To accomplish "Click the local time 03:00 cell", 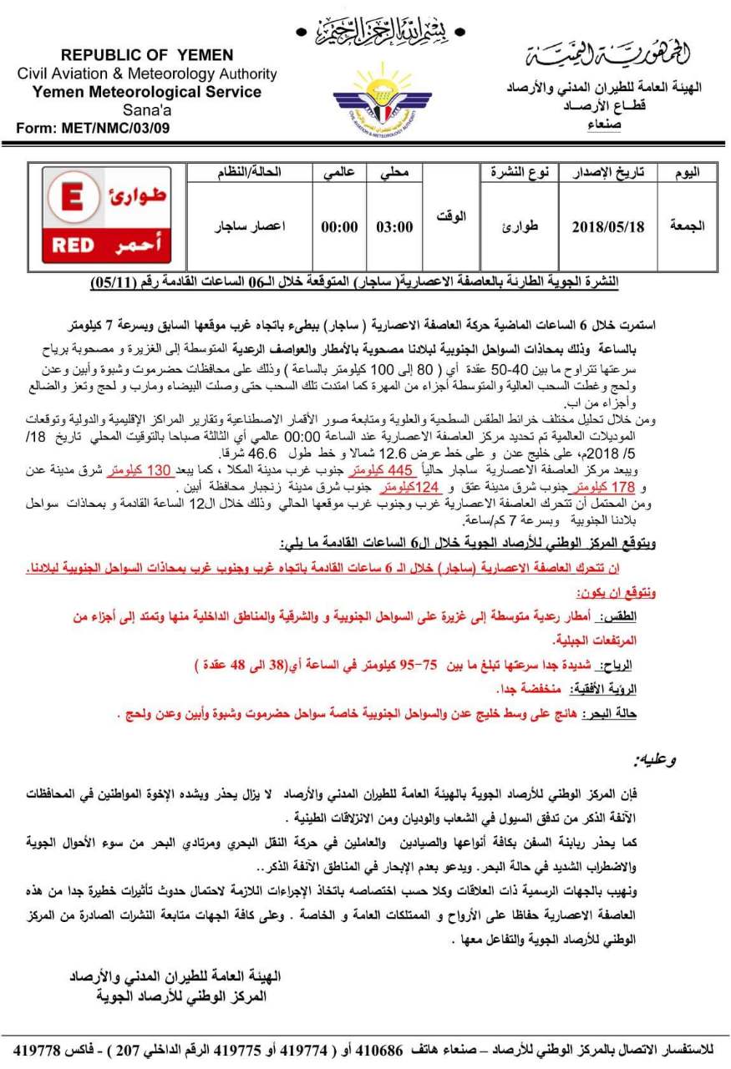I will coord(394,226).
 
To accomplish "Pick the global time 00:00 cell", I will coord(339,226).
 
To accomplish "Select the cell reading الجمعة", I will coord(688,226).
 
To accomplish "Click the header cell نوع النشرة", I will coord(520,172).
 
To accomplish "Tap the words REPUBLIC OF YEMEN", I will coord(147,55).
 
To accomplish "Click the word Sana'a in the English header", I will coord(146,109).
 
